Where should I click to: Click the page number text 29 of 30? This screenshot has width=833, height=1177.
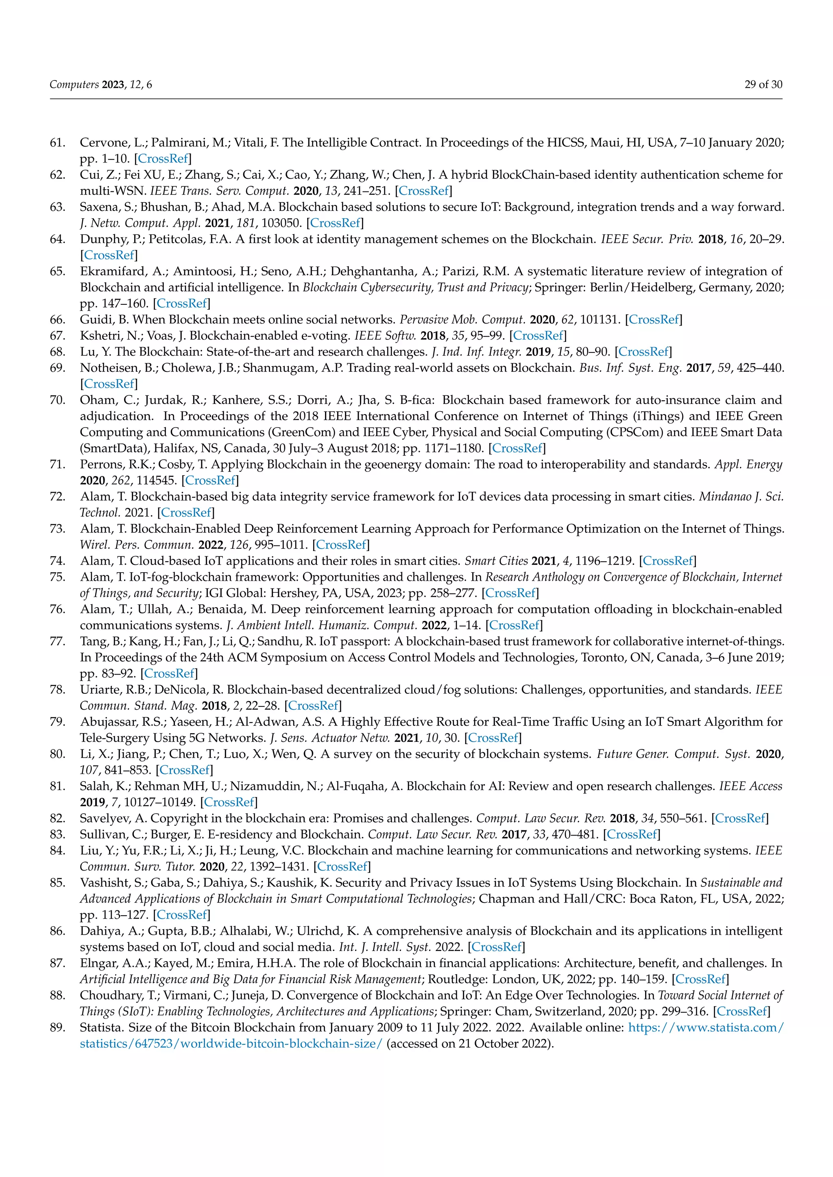tap(763, 85)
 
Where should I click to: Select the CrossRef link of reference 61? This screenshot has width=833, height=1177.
tap(163, 159)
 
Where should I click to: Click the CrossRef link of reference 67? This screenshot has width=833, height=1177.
tap(538, 336)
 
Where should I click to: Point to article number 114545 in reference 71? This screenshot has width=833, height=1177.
tap(157, 480)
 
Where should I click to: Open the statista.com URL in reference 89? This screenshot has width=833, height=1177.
tap(706, 1027)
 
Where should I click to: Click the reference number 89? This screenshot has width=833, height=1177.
tap(57, 1027)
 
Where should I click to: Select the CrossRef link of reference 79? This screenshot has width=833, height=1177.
tap(493, 738)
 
